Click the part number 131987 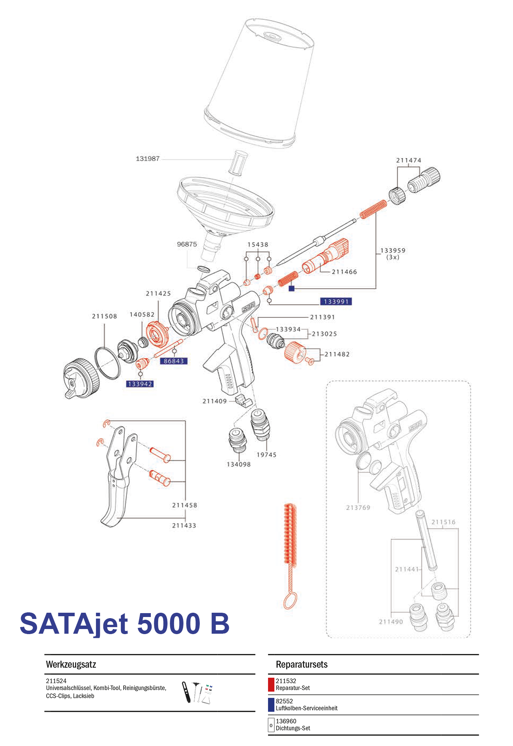[148, 159]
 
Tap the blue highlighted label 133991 [336, 302]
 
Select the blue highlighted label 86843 [174, 361]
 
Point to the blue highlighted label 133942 [140, 384]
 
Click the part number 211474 [408, 160]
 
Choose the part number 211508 [105, 316]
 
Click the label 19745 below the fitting [266, 455]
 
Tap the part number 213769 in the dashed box [358, 507]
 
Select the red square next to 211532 [271, 685]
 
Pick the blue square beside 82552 [271, 705]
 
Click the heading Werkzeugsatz [71, 664]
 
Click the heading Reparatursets [302, 664]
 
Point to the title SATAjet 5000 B [124, 624]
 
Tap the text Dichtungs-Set [293, 728]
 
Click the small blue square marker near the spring [291, 288]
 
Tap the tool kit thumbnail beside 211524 [197, 692]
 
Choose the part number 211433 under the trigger [184, 525]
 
